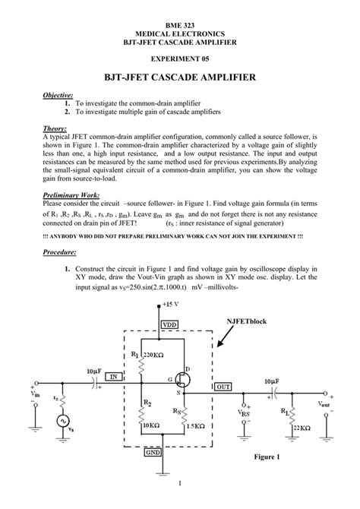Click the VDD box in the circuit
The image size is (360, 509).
click(x=169, y=324)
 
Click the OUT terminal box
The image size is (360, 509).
click(x=223, y=387)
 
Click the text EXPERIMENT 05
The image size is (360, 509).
click(x=180, y=58)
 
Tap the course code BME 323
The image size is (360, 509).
click(x=180, y=25)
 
